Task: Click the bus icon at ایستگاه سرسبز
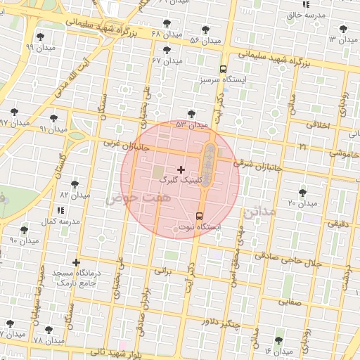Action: (223, 69)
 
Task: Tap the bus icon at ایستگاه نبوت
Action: (199, 216)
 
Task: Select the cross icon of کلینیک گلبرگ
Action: (181, 169)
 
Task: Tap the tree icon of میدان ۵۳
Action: (191, 113)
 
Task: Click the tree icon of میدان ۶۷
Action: (167, 50)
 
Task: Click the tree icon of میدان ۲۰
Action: (302, 192)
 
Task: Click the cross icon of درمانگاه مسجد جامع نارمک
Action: (76, 263)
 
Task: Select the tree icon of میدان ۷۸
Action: (49, 330)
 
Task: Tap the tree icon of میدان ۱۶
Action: (279, 340)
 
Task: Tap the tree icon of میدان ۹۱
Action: (54, 118)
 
